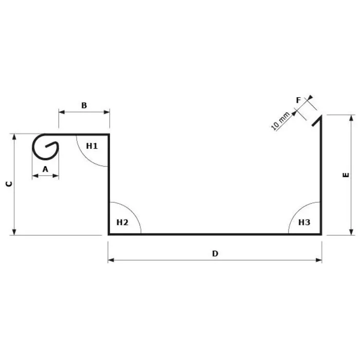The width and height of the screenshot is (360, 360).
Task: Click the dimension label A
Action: [x=45, y=168]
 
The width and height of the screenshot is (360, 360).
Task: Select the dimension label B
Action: [x=84, y=105]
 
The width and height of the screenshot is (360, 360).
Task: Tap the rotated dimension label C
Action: [x=8, y=184]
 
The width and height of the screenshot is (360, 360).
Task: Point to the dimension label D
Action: [x=215, y=253]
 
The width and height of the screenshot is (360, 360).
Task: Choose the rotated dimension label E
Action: [x=346, y=175]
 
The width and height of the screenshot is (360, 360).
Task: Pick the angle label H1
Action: [x=92, y=146]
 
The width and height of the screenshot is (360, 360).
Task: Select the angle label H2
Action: [x=122, y=222]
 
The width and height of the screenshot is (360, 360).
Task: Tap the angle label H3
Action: [x=304, y=222]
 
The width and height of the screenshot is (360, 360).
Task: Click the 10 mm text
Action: [x=280, y=120]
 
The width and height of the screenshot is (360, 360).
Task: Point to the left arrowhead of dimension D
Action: [x=111, y=260]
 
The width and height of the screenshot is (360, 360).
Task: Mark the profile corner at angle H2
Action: [x=109, y=234]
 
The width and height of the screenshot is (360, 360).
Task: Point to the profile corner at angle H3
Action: [x=321, y=234]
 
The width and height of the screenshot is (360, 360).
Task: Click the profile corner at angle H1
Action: [x=109, y=135]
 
